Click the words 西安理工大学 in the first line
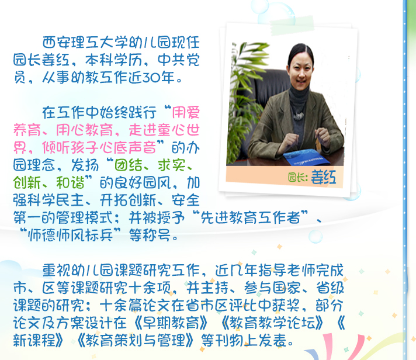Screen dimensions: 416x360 tap(78, 43)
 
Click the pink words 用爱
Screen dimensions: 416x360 tap(186, 112)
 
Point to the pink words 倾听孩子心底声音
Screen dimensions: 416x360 tap(99, 147)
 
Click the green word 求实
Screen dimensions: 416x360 tap(171, 165)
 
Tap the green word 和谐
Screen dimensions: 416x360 tap(70, 182)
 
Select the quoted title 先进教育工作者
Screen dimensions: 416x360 tap(250, 217)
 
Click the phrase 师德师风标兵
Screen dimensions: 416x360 tap(70, 235)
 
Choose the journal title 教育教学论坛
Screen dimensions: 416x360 tap(272, 323)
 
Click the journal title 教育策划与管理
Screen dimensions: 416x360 tap(135, 340)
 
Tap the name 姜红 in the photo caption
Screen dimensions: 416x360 tap(324, 177)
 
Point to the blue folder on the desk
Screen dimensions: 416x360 tap(305, 157)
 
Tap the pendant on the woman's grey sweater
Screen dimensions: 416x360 tap(299, 116)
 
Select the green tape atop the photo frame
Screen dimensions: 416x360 tap(292, 26)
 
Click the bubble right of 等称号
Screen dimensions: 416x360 tap(315, 236)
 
